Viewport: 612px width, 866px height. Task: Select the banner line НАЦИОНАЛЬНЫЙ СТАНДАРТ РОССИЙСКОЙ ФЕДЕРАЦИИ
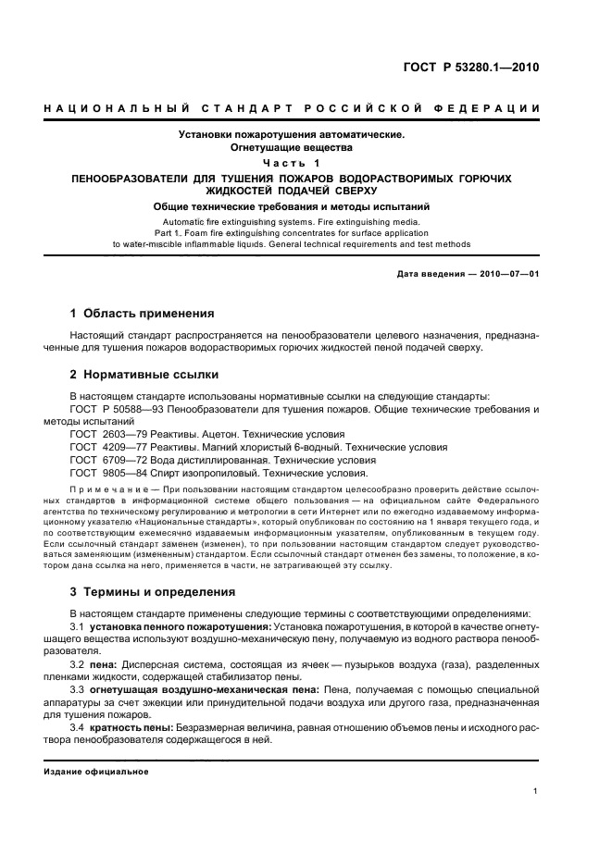pyautogui.click(x=292, y=109)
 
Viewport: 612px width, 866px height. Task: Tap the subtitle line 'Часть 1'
pyautogui.click(x=292, y=162)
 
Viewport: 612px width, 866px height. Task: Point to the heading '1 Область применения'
pyautogui.click(x=143, y=314)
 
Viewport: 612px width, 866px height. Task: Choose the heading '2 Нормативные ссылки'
pyautogui.click(x=144, y=375)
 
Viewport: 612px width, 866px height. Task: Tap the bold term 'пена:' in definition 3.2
pyautogui.click(x=106, y=666)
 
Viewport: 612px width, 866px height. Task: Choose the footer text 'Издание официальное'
pyautogui.click(x=97, y=772)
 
